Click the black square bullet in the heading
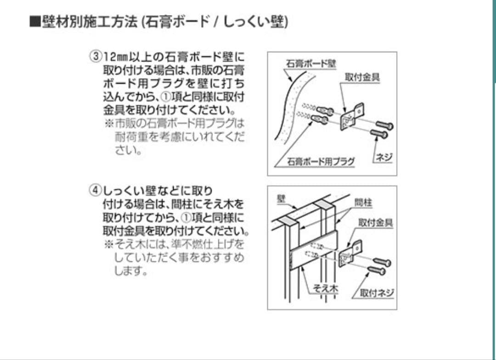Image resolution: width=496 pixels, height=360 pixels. pyautogui.click(x=35, y=22)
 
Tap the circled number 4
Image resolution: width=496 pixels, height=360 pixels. pyautogui.click(x=95, y=190)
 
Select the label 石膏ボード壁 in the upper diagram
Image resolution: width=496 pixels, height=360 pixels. pyautogui.click(x=311, y=63)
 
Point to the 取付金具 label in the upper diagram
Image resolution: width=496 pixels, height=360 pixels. pyautogui.click(x=362, y=77)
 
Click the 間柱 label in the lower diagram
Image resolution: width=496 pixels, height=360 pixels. pyautogui.click(x=363, y=202)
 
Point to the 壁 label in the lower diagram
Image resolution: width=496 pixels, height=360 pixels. pyautogui.click(x=281, y=198)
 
